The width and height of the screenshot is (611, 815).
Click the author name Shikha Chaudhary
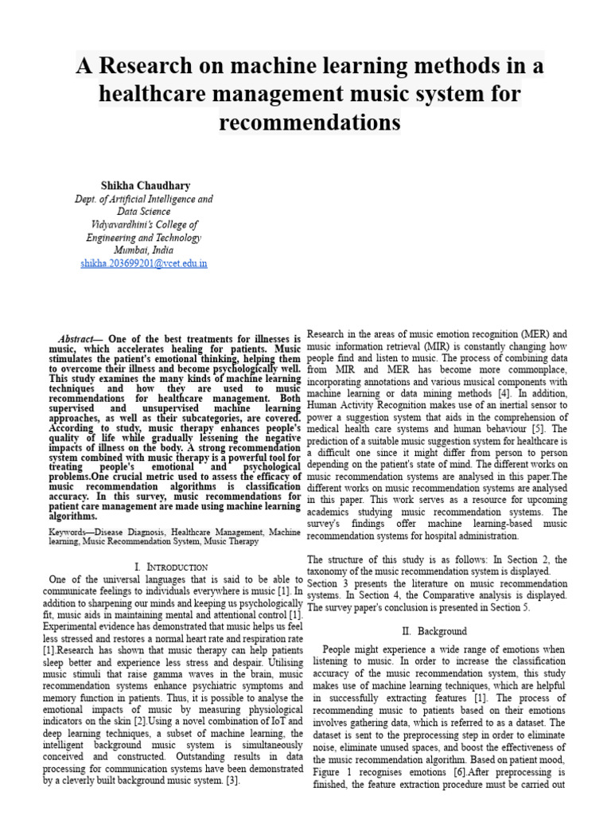pyautogui.click(x=150, y=185)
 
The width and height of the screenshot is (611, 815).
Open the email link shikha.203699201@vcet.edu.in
pyautogui.click(x=144, y=263)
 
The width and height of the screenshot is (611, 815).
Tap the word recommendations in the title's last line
pyautogui.click(x=309, y=123)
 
